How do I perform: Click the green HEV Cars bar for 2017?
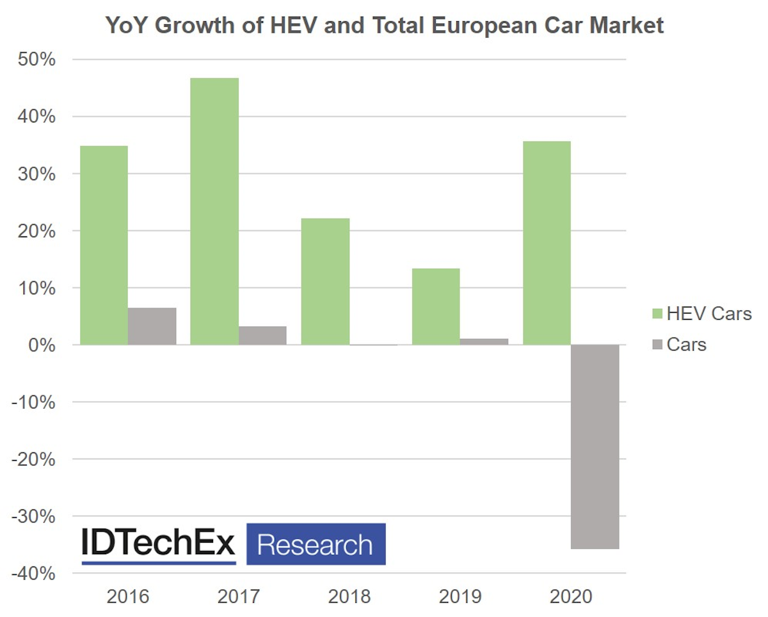pyautogui.click(x=214, y=211)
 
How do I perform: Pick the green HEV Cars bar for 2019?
pyautogui.click(x=436, y=306)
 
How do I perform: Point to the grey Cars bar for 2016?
pyautogui.click(x=152, y=326)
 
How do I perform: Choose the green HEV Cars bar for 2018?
pyautogui.click(x=325, y=281)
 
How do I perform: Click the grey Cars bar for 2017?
pyautogui.click(x=263, y=335)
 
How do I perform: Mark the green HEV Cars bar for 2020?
pyautogui.click(x=547, y=243)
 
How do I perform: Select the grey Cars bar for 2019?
pyautogui.click(x=484, y=341)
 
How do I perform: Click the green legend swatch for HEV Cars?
pyautogui.click(x=656, y=313)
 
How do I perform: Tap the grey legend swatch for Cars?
pyautogui.click(x=656, y=344)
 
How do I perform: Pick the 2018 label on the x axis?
pyautogui.click(x=349, y=596)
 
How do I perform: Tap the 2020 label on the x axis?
pyautogui.click(x=571, y=596)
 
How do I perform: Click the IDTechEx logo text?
pyautogui.click(x=158, y=544)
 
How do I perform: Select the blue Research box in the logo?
pyautogui.click(x=316, y=544)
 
